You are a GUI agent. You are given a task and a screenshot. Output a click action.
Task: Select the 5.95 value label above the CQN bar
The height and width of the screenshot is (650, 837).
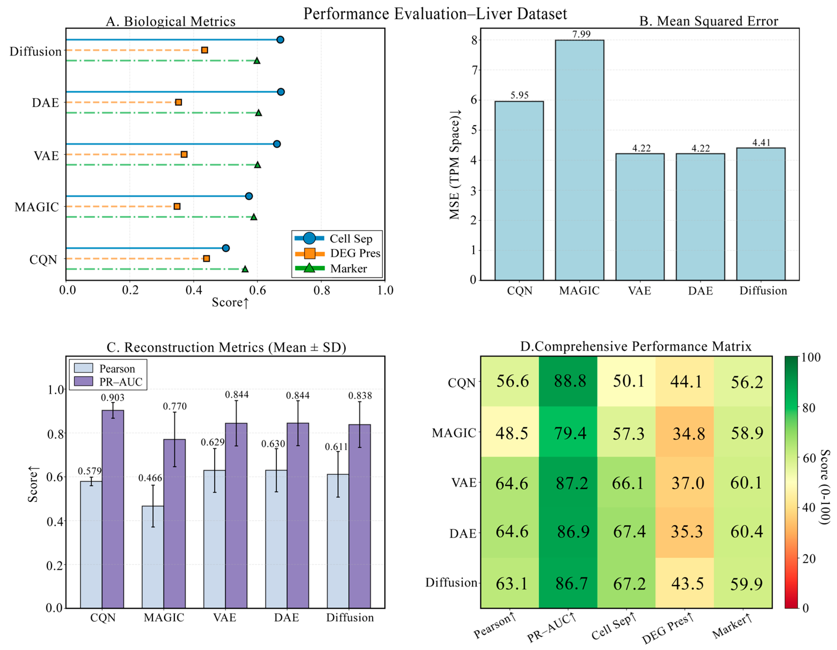pos(519,95)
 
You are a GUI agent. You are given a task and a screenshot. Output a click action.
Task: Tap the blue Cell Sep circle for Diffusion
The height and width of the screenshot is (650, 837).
pos(280,40)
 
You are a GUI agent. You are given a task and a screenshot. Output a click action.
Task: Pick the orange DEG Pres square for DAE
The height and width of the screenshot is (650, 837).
pos(178,102)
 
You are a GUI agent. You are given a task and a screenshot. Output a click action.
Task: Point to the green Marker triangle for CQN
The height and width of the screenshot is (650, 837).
pos(245,269)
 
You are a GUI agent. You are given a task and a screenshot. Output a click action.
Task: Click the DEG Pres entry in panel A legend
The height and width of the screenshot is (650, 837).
pos(355,253)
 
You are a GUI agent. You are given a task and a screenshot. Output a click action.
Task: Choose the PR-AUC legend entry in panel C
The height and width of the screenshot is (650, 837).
pos(120,382)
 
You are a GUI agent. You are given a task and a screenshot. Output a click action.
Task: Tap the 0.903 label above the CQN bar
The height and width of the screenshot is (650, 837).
pos(113,397)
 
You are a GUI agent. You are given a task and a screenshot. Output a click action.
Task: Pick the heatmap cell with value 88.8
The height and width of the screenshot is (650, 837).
pos(568,381)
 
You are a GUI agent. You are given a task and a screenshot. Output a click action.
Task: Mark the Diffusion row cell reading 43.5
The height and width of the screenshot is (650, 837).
pos(685,583)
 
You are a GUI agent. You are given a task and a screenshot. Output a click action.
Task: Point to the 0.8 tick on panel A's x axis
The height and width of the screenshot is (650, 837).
pos(322,291)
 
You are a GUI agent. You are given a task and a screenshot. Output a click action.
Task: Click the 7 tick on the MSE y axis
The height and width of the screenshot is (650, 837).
pos(475,70)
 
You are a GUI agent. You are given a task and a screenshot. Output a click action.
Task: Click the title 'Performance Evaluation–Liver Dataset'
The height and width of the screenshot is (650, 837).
pos(435,14)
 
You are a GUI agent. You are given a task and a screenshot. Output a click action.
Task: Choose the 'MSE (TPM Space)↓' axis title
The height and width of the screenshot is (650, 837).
pos(454,165)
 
